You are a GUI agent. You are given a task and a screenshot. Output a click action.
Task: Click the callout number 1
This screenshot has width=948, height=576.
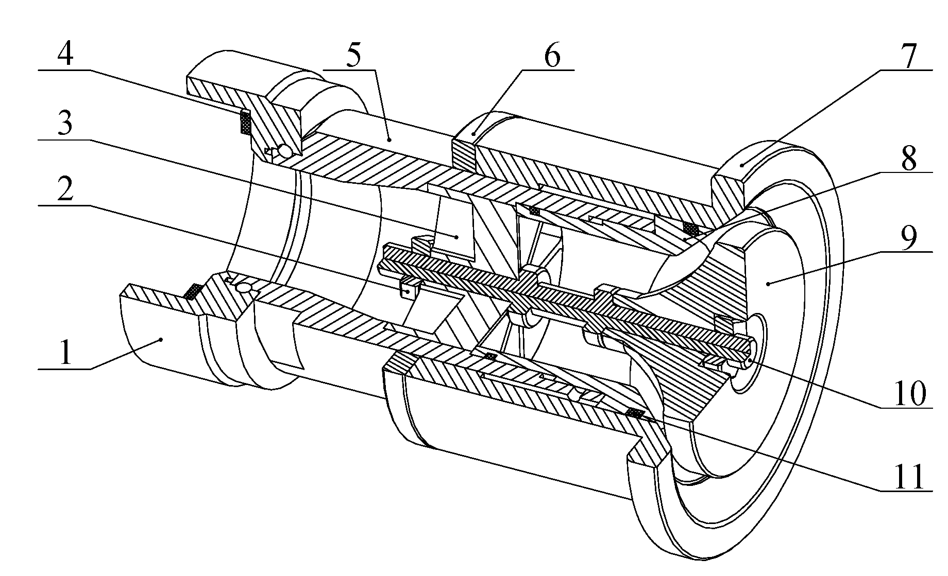click(x=65, y=355)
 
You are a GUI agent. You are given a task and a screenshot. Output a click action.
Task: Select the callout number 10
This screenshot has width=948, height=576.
click(x=910, y=394)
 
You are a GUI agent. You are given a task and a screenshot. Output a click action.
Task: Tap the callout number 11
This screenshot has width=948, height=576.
click(x=910, y=478)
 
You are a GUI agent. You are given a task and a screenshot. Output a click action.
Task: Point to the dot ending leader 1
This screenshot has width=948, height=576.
click(x=162, y=339)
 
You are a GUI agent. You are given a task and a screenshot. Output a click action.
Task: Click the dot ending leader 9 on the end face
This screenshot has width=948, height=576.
click(x=768, y=283)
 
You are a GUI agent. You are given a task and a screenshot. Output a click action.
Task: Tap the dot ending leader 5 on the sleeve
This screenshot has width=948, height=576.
click(x=390, y=139)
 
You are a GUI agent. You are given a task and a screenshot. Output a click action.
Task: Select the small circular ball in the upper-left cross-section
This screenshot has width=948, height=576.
click(x=284, y=151)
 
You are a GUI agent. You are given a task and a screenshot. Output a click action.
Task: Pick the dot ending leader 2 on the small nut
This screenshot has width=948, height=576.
click(x=409, y=291)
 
